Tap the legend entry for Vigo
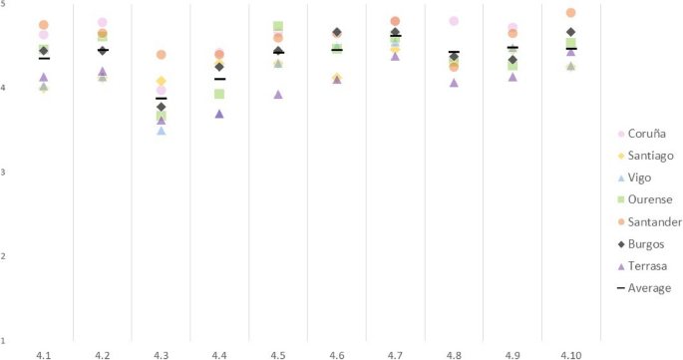point(637,178)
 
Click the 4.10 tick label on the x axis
point(570,354)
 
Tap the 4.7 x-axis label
point(395,354)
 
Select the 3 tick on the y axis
point(4,173)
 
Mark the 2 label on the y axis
point(4,256)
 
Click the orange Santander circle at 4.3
point(162,55)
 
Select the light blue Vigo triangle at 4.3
point(162,131)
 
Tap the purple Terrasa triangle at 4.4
point(219,114)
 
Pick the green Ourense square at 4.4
point(219,94)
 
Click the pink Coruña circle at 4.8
point(454,21)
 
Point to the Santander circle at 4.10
point(570,13)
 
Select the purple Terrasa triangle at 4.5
point(278,95)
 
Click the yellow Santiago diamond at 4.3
point(162,81)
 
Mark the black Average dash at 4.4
point(219,79)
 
